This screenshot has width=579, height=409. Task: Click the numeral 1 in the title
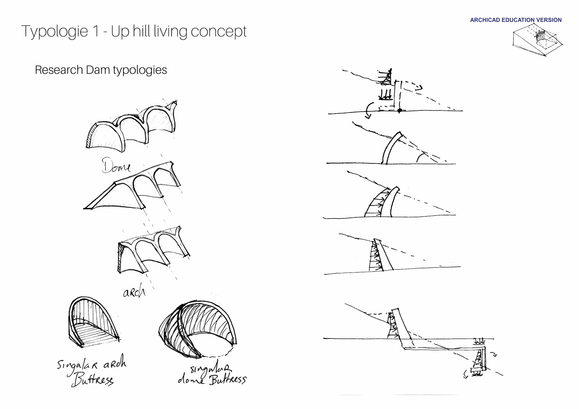[x=96, y=31]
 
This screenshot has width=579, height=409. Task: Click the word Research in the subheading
[x=59, y=70]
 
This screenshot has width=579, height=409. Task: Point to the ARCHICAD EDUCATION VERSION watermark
[x=516, y=20]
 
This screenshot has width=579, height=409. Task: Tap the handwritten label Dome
[x=116, y=165]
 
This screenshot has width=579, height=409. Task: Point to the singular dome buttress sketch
[x=198, y=329]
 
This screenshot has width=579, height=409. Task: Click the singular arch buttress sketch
[x=94, y=322]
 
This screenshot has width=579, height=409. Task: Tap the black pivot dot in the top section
[x=400, y=111]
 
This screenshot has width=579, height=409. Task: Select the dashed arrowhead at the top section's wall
[x=419, y=87]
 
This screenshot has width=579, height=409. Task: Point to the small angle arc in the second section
[x=420, y=157]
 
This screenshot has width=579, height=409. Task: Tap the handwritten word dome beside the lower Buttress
[x=191, y=379]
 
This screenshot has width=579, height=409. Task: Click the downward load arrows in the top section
[x=385, y=94]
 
